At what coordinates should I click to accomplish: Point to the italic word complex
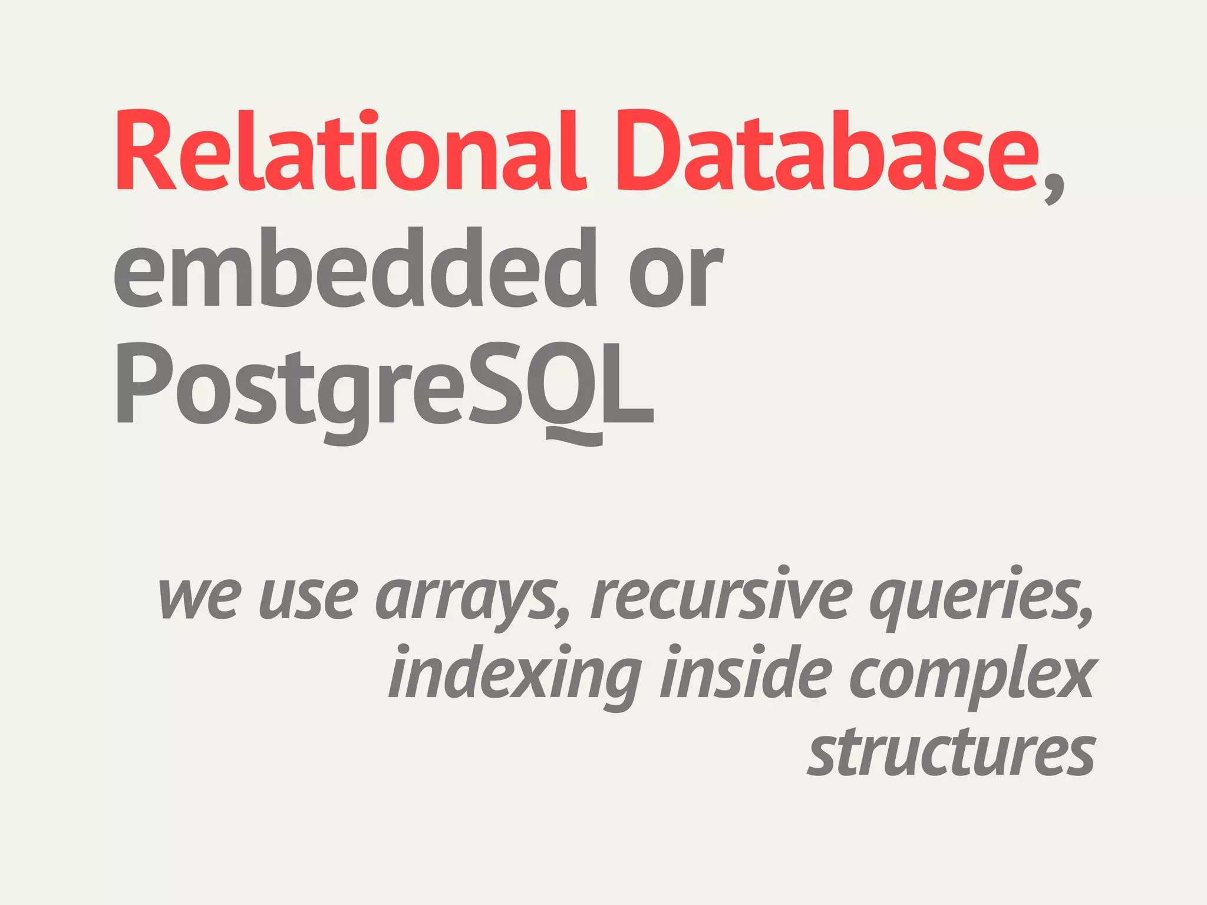972,678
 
